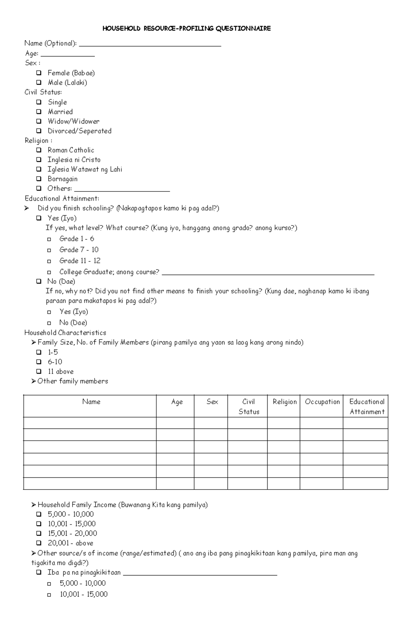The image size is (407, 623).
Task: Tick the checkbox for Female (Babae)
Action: pos(39,73)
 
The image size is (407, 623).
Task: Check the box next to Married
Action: pos(39,112)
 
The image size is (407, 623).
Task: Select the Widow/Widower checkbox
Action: pos(39,121)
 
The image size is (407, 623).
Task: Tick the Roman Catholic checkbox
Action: pos(39,150)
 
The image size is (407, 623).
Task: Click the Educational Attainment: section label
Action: pos(62,199)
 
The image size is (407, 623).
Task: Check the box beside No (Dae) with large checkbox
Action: pos(39,281)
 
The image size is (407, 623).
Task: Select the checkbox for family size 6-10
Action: pos(39,362)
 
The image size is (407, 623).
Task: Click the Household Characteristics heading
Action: pos(65,333)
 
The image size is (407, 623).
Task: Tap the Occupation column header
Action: pos(322,402)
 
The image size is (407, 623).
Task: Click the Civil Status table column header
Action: pos(249,406)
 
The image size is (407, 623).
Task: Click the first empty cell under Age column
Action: pos(175,423)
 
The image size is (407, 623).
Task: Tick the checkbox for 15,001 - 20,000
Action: pos(39,533)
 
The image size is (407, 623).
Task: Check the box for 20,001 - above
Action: pos(39,543)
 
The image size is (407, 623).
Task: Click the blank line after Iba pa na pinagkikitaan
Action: pos(200,574)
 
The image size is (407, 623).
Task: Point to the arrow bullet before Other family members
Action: pos(34,381)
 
